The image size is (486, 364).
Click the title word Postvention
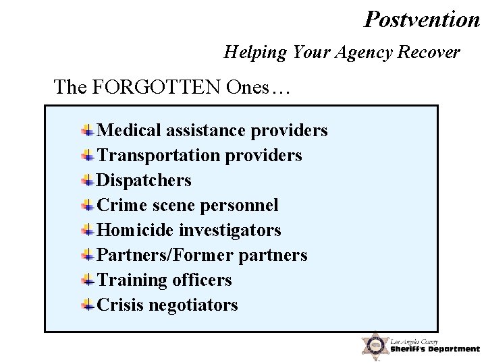click(x=422, y=19)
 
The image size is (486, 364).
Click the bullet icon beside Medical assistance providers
click(x=88, y=130)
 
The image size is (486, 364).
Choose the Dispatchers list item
click(x=144, y=180)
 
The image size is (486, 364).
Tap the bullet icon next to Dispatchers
click(x=88, y=180)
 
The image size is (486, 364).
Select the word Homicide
click(x=136, y=230)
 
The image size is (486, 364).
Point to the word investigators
click(x=230, y=230)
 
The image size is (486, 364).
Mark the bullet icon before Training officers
click(x=88, y=280)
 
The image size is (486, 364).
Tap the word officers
click(x=202, y=280)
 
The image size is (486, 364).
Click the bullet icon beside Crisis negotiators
click(x=88, y=305)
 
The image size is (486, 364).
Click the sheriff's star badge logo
click(x=373, y=345)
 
